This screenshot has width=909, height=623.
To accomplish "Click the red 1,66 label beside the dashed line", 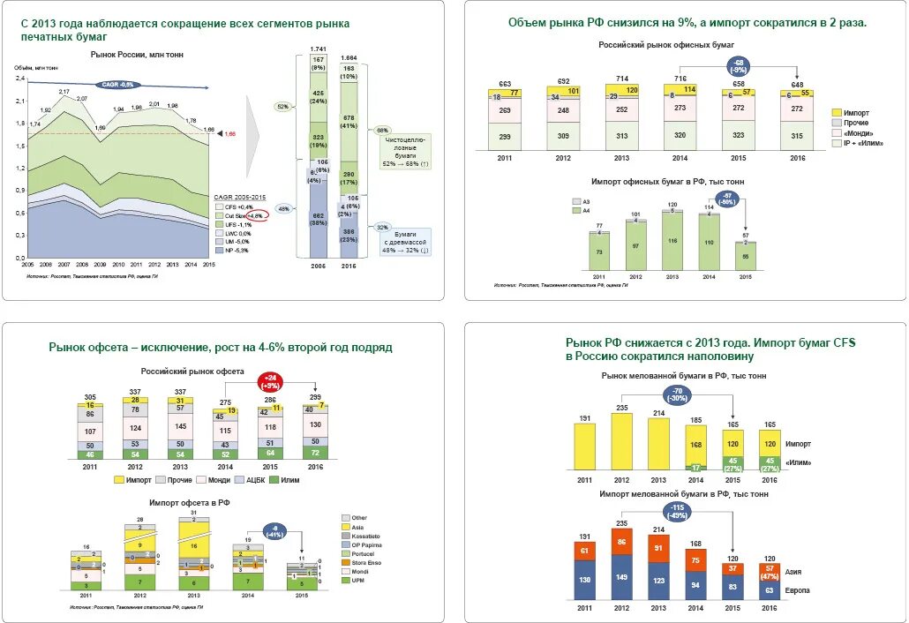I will (230, 133).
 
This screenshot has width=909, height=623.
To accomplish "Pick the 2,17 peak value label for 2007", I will (64, 92).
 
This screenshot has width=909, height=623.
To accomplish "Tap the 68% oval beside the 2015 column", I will (382, 130).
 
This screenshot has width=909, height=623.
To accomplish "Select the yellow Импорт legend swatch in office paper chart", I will (838, 114).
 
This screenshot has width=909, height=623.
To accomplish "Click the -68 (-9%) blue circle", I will (738, 65).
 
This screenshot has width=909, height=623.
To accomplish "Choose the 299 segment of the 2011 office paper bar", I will (506, 136).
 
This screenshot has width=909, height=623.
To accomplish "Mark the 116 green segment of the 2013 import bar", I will (672, 241).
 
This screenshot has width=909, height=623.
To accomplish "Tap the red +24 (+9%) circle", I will (270, 381).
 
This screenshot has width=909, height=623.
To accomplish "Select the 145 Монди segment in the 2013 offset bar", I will (181, 425).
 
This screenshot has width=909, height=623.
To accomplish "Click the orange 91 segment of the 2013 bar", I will (657, 547).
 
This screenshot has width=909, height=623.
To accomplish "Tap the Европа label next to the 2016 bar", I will (797, 589).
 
